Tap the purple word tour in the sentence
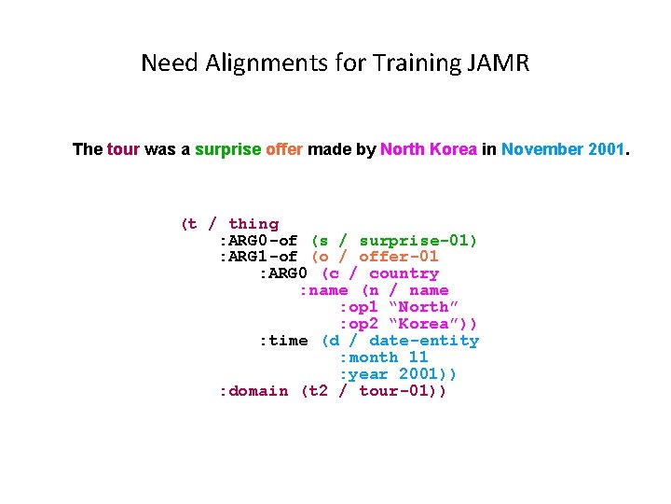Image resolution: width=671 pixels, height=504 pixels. point(124,149)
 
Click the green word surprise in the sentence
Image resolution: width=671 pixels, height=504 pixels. point(227,149)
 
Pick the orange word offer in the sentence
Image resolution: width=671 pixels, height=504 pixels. point(284,149)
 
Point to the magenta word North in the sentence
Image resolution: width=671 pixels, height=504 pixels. point(403,149)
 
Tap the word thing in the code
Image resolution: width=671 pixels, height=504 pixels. point(253,224)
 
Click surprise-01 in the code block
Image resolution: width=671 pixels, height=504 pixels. point(415,241)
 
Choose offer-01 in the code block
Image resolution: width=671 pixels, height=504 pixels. point(399,257)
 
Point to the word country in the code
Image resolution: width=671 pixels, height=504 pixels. point(404,273)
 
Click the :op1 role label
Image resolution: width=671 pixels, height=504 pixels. point(359,307)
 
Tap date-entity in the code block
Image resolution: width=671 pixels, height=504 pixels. point(424,341)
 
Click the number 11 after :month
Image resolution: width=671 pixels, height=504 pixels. point(418,357)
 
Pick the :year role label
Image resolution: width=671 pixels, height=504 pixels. point(363,374)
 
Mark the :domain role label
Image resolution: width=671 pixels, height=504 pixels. point(253,391)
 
